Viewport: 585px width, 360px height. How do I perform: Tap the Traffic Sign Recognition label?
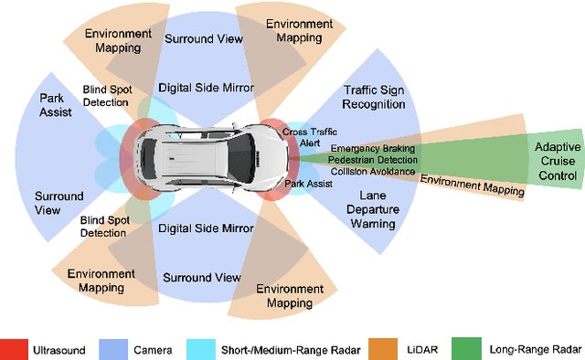click(x=374, y=97)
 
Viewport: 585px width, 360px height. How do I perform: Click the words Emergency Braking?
click(x=373, y=148)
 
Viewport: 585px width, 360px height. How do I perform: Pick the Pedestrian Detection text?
click(x=373, y=159)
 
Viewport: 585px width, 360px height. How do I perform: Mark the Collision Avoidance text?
click(x=373, y=171)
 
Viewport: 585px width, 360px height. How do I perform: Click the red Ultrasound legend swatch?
click(x=14, y=349)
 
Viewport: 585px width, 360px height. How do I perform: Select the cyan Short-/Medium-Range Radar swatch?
click(x=202, y=349)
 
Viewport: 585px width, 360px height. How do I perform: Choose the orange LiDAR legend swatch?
click(x=381, y=349)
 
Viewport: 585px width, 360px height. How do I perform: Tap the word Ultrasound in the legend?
click(x=61, y=349)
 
